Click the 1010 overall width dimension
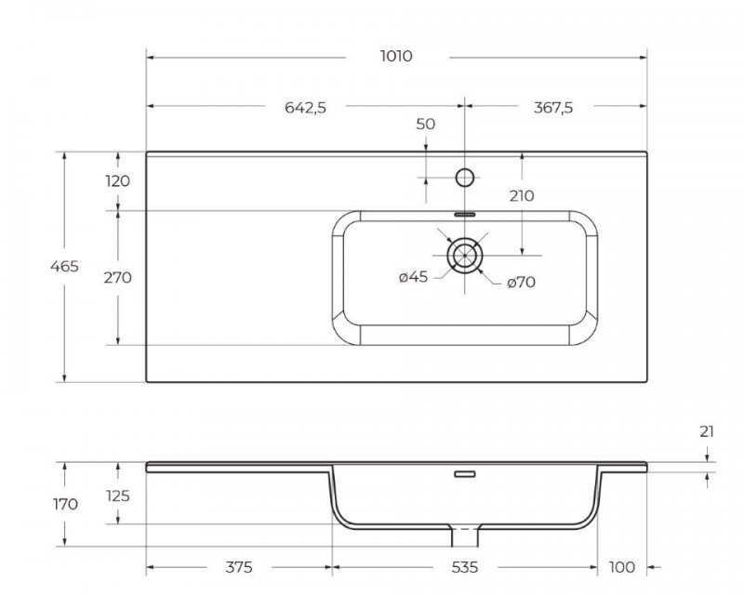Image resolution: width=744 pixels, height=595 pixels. point(396,56)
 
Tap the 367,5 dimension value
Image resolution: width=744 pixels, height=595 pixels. point(553,107)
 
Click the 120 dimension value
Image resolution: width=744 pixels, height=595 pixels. point(118,181)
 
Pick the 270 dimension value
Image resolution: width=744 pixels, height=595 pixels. point(118,277)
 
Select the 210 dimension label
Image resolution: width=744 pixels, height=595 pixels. point(522,196)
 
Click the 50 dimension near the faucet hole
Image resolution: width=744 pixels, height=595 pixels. point(426,124)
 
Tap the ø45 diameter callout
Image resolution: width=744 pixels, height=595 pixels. point(412,277)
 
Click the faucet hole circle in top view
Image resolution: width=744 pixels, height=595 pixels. point(464,176)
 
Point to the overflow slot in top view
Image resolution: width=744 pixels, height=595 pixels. point(464,213)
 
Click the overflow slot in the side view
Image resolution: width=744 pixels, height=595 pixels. point(464,474)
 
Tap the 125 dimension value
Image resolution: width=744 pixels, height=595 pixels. point(118,496)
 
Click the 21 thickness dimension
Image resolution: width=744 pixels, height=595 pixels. point(709,432)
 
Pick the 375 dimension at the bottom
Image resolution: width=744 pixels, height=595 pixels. point(240,567)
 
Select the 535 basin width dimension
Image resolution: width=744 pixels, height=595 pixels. point(465,567)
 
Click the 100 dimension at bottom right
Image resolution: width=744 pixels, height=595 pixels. point(621,567)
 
